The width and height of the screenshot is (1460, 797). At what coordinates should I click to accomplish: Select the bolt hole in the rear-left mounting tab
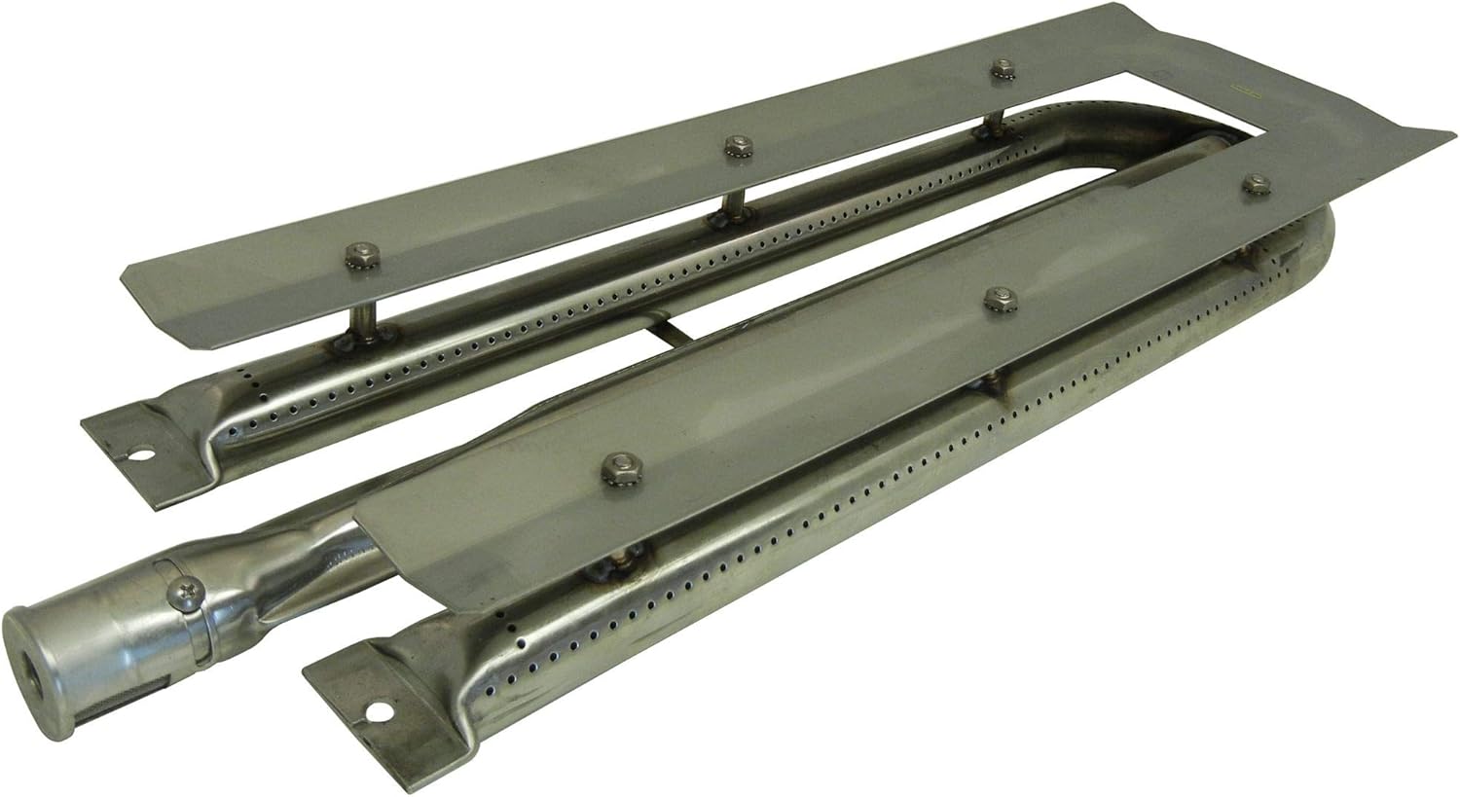pos(146,454)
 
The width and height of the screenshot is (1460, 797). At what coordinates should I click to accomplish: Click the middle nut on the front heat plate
pos(997,299)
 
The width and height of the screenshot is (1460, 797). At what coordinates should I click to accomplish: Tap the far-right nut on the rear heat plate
pos(999,69)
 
